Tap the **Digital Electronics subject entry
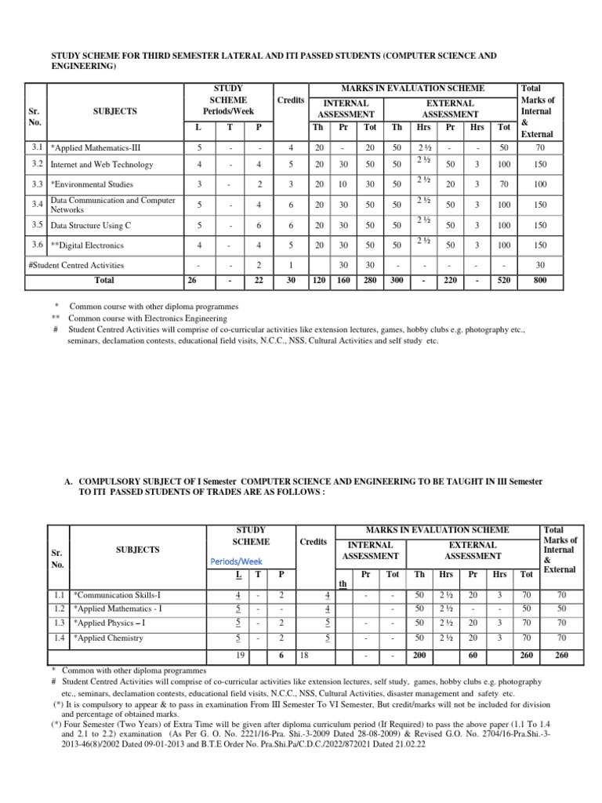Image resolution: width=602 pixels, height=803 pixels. click(88, 245)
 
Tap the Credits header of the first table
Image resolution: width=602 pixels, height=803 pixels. click(290, 101)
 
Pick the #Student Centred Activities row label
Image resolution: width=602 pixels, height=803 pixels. click(75, 266)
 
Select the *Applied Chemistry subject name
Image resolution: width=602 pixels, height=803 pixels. click(107, 638)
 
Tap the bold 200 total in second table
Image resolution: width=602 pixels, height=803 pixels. click(420, 655)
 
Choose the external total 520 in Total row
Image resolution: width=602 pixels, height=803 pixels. click(504, 279)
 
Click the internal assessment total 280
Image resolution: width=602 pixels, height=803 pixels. click(370, 279)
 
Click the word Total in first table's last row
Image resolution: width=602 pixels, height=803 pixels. click(103, 279)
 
